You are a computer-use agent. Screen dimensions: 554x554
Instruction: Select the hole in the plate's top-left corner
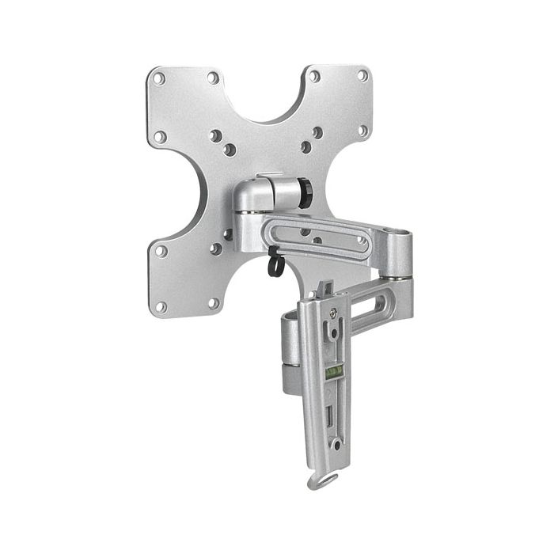159,79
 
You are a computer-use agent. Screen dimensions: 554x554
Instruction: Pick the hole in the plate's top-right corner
362,75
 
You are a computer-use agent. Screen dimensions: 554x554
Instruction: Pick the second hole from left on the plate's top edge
212,78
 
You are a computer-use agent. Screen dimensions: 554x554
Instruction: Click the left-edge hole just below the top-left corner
159,136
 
